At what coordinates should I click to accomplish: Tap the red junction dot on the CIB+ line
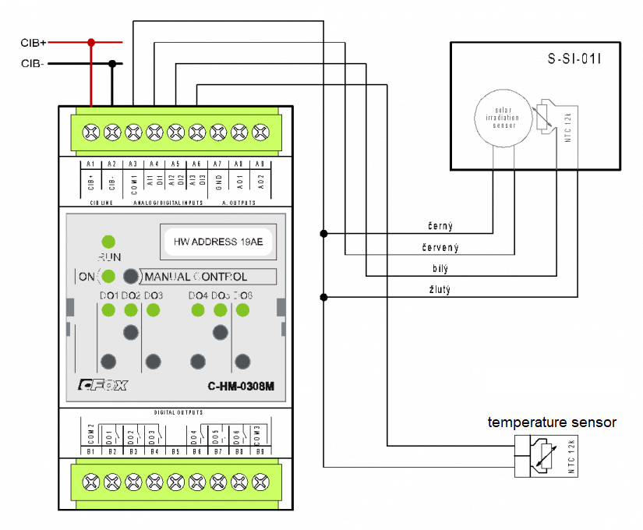pos(92,41)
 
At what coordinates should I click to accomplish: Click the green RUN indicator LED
pos(108,241)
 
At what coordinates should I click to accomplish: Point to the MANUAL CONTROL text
pos(196,277)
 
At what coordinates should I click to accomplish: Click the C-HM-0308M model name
pos(241,384)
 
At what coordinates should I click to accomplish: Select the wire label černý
pos(440,226)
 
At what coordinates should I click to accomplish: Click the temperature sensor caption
pos(552,422)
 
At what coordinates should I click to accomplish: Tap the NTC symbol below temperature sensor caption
pos(546,455)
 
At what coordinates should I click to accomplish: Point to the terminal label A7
pos(218,164)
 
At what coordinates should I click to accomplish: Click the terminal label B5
pos(175,450)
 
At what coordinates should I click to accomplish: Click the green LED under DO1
pos(108,310)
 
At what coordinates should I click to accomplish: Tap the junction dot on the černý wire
pos(324,233)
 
